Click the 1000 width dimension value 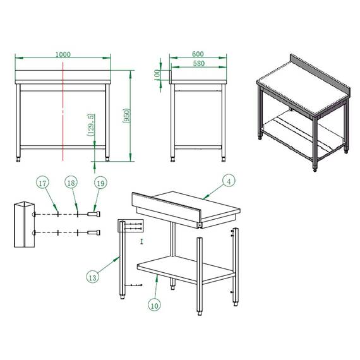click(x=63, y=54)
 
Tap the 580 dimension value click(x=198, y=63)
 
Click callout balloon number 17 click(x=42, y=184)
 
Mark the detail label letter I click(x=142, y=241)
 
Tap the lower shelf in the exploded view click(x=186, y=268)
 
